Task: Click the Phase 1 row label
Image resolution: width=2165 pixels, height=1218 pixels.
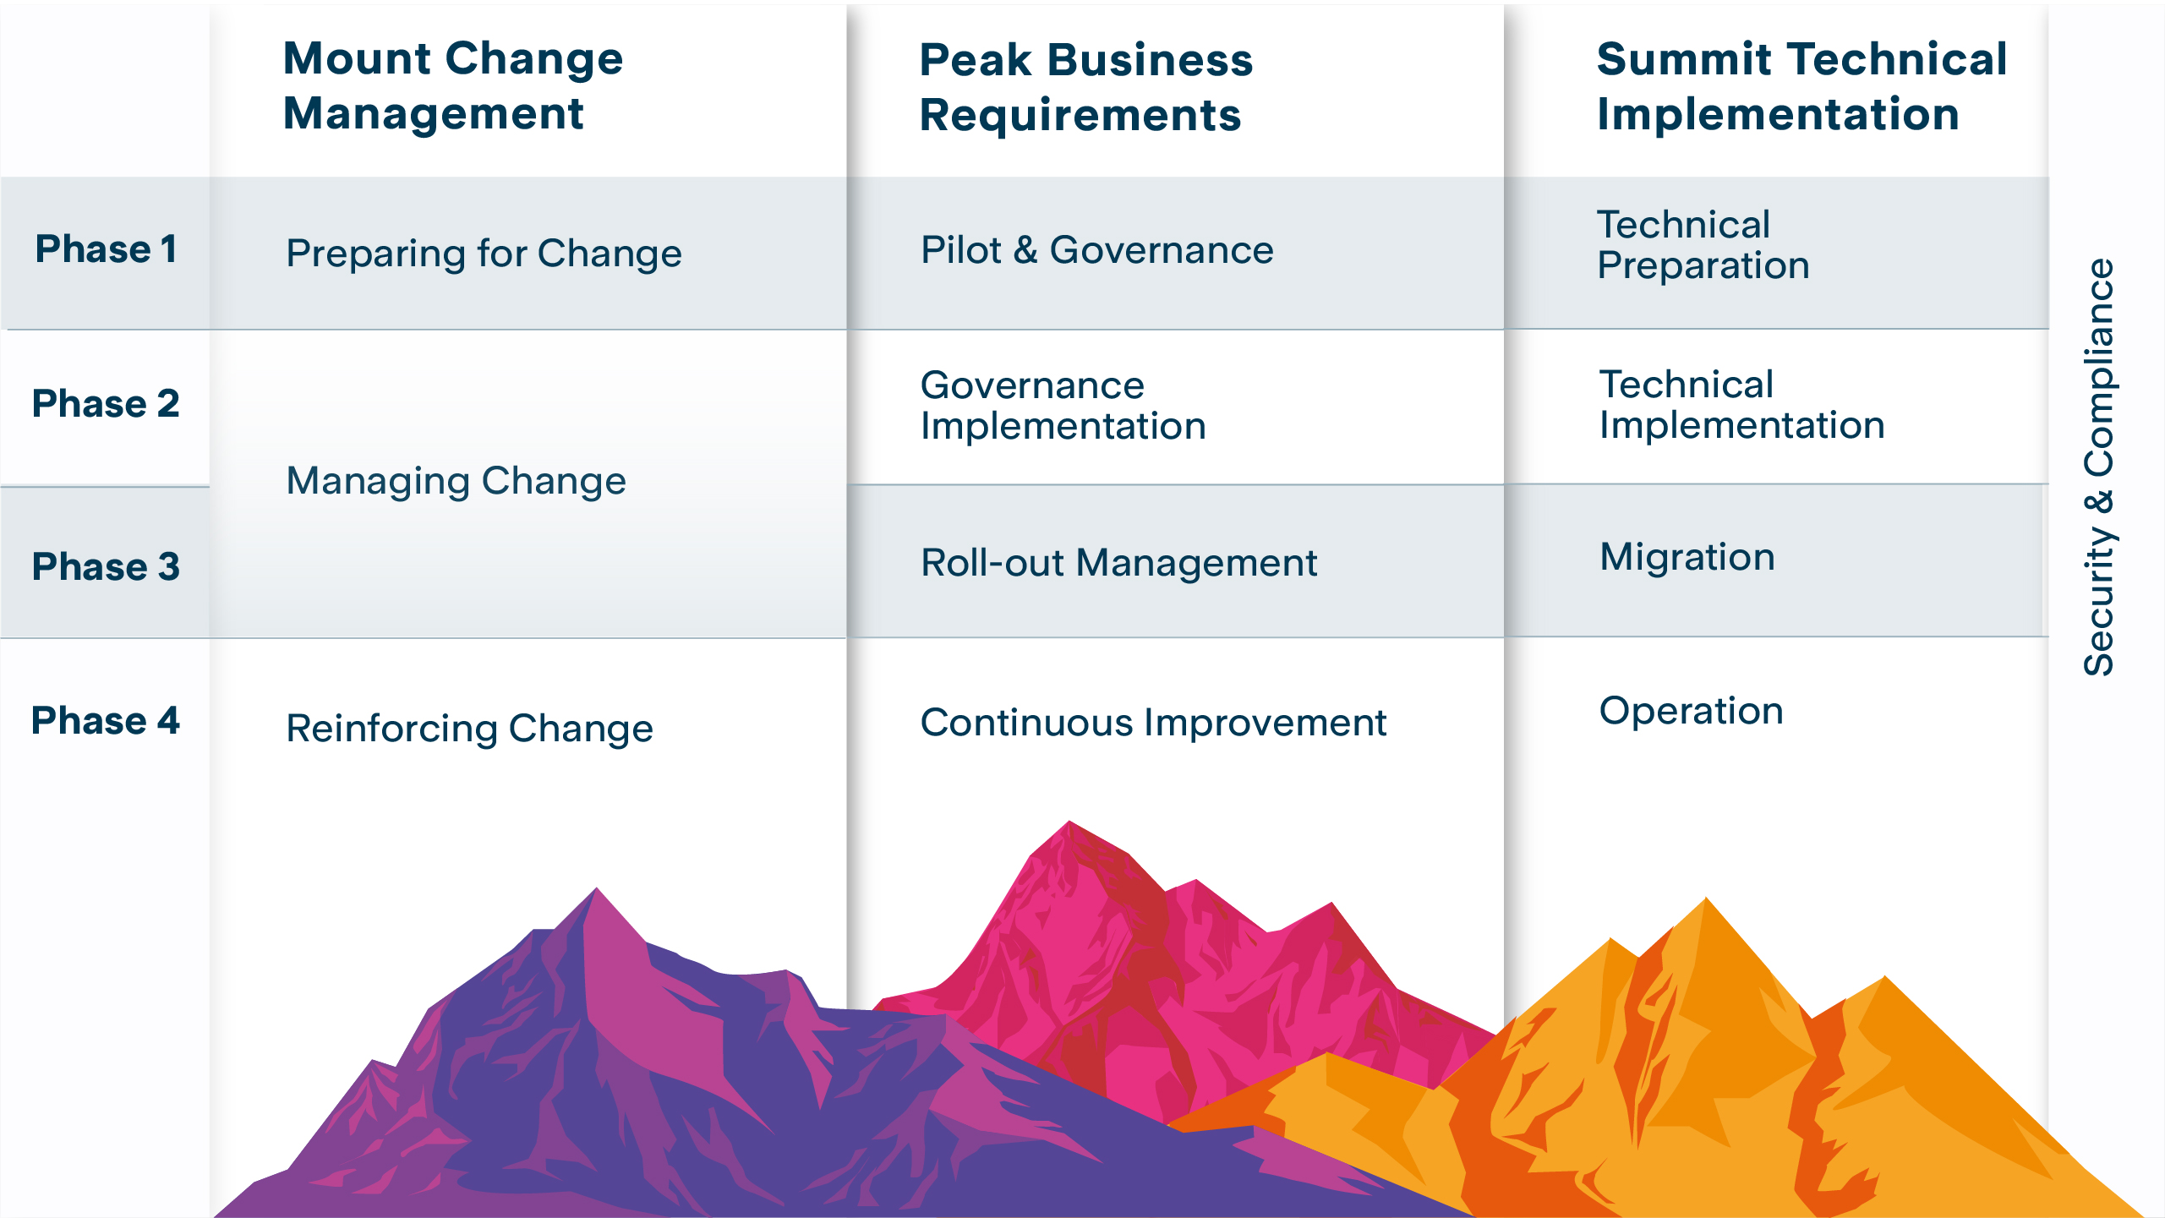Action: point(106,249)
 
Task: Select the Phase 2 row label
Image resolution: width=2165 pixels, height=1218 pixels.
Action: point(106,403)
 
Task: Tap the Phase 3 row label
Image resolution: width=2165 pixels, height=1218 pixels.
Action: point(106,566)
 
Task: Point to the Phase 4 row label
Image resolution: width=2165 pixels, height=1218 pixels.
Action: point(106,721)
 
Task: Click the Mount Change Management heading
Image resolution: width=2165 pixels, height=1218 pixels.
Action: point(452,85)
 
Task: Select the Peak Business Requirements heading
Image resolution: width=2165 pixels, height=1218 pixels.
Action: point(1085,87)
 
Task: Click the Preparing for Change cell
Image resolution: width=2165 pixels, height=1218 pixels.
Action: point(484,253)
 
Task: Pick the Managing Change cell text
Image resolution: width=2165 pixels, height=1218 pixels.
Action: point(456,481)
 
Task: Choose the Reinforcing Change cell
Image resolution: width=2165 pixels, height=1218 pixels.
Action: point(469,729)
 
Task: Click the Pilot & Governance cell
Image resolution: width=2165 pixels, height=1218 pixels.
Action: point(1096,250)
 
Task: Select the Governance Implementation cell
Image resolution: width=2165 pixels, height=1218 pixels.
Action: point(1063,406)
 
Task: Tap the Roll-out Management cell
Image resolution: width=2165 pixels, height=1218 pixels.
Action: point(1118,563)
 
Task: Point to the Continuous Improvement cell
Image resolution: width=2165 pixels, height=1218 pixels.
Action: point(1152,723)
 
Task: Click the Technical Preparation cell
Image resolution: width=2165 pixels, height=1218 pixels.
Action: point(1703,245)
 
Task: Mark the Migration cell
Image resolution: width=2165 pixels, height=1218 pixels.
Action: point(1687,557)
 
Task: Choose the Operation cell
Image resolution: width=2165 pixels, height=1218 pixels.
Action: point(1691,711)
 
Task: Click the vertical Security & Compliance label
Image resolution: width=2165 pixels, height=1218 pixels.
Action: point(2098,467)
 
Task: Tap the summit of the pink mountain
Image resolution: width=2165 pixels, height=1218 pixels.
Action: point(1069,823)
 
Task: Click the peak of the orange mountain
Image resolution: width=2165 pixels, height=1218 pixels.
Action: point(1706,900)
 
